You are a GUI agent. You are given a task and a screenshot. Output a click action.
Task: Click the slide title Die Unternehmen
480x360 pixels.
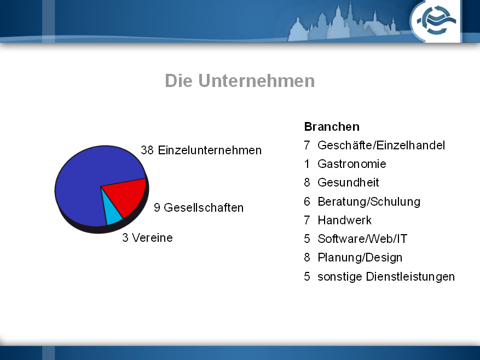(240, 81)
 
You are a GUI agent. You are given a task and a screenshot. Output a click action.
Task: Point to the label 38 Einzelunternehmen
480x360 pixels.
(201, 150)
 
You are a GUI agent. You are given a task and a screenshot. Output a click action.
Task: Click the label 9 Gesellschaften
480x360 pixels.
(199, 207)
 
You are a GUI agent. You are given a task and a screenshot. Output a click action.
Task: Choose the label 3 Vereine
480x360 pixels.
(148, 237)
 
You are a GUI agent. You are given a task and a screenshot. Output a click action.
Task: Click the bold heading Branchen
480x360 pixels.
(332, 127)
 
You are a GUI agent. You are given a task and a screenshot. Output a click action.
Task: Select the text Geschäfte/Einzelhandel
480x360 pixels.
(381, 145)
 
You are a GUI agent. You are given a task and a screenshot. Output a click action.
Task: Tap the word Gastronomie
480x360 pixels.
(352, 164)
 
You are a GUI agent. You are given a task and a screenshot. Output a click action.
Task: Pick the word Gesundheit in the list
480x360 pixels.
(348, 182)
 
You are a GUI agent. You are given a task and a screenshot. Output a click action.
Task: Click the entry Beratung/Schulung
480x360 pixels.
(369, 201)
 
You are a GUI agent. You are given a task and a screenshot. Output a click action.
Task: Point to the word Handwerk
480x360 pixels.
(345, 220)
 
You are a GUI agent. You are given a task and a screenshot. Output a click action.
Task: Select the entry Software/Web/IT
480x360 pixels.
(362, 239)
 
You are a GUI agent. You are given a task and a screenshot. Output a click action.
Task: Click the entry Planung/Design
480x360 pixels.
(360, 258)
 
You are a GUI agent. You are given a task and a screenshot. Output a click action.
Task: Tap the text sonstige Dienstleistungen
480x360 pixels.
(386, 276)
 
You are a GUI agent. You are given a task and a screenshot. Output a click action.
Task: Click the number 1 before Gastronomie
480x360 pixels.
(306, 164)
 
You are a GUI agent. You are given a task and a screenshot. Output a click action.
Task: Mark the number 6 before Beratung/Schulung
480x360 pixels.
(307, 201)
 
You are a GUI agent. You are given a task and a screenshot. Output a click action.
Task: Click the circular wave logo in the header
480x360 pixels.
(436, 20)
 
